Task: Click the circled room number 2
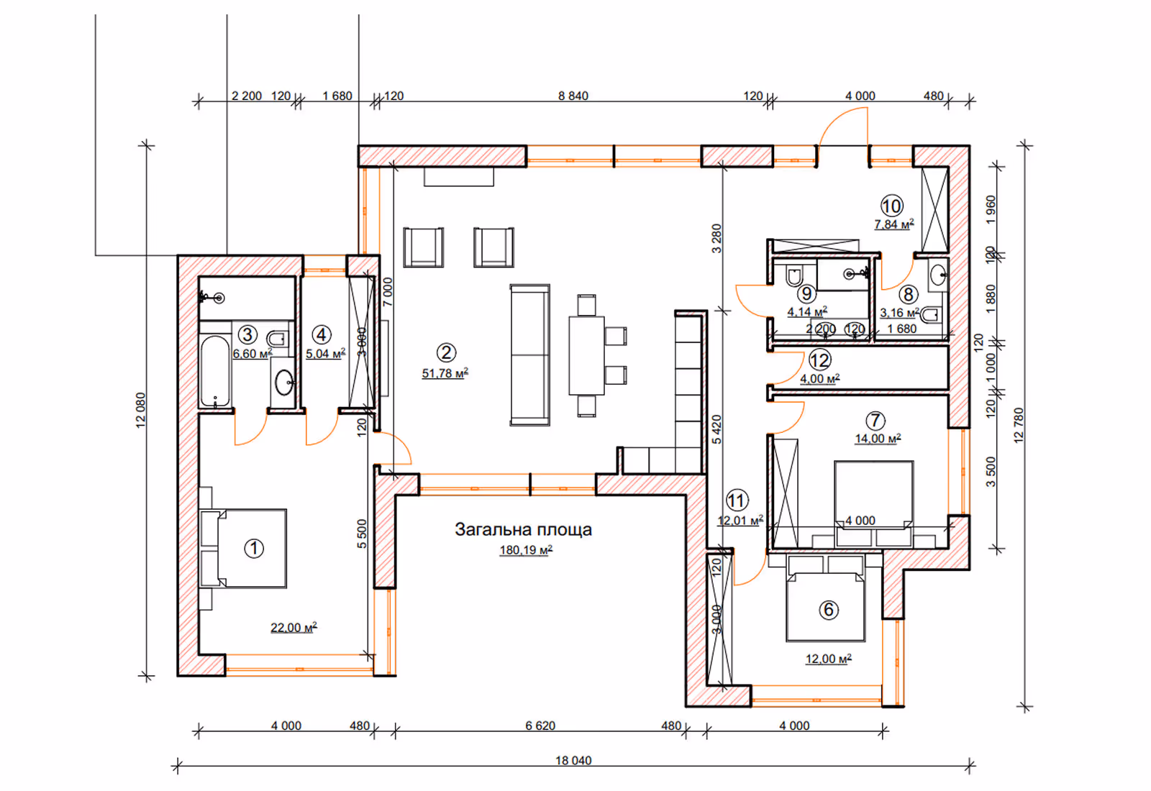pos(445,352)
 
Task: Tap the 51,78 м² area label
pos(445,373)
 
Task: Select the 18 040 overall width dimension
pos(573,760)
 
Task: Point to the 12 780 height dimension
pos(1019,425)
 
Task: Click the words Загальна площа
pos(523,529)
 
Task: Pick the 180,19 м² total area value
pos(526,550)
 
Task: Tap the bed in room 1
pos(243,548)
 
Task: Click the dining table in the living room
pos(586,355)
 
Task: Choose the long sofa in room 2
pos(529,355)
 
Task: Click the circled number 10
pos(891,206)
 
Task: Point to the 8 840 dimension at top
pos(573,96)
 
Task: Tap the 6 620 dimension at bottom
pos(540,726)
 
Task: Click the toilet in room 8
pos(932,314)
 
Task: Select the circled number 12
pos(819,360)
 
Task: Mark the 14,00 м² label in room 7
pos(878,438)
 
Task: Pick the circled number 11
pos(737,500)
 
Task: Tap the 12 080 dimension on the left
pos(140,410)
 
